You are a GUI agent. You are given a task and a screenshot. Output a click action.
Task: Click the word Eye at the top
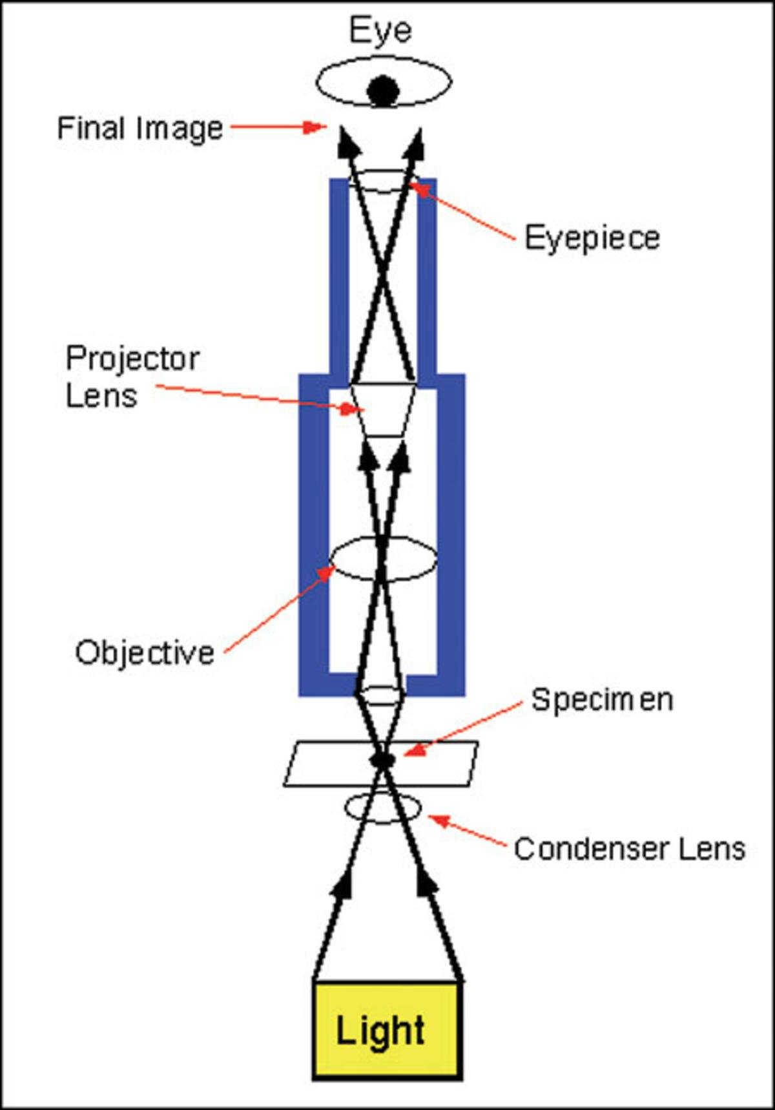(x=380, y=30)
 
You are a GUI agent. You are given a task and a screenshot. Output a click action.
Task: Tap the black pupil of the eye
(x=382, y=90)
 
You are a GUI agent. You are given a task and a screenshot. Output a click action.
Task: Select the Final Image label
(x=140, y=128)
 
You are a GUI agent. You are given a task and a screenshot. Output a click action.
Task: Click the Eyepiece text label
(x=592, y=238)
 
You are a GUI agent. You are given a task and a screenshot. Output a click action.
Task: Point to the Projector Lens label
(x=132, y=377)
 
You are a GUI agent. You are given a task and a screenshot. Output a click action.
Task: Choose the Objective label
(x=145, y=653)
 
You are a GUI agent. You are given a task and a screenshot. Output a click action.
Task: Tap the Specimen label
(x=601, y=700)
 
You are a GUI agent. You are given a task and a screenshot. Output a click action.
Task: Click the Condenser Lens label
(x=630, y=848)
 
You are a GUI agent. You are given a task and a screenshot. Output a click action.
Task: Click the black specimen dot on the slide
(x=382, y=760)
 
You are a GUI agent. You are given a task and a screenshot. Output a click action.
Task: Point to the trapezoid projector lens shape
(x=383, y=411)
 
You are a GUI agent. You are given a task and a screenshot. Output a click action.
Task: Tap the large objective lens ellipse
(x=383, y=559)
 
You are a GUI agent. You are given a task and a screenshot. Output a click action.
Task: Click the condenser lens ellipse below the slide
(x=383, y=808)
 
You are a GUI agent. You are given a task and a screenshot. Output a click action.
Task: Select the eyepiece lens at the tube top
(x=383, y=180)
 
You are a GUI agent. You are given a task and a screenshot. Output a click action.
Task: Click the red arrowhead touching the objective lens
(x=328, y=572)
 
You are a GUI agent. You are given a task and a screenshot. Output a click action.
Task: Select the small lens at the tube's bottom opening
(x=381, y=696)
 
